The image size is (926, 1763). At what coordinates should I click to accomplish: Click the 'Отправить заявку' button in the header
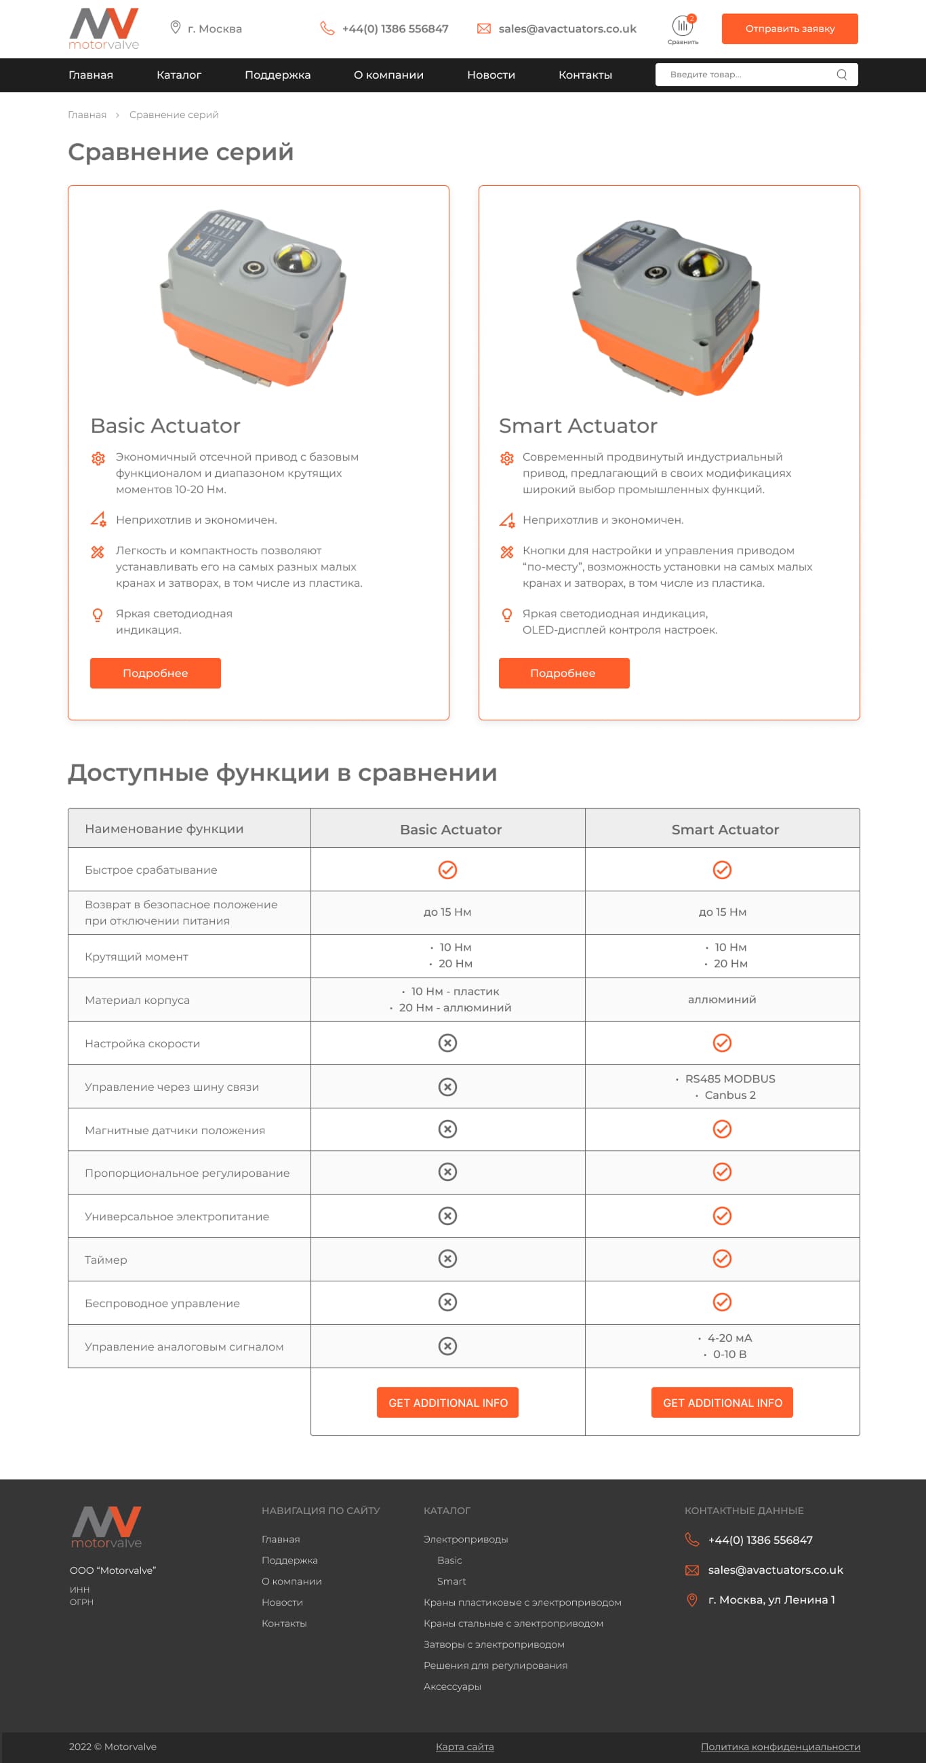789,28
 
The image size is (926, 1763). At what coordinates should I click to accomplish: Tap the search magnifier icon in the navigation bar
841,75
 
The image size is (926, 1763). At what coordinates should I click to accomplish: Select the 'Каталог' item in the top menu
178,75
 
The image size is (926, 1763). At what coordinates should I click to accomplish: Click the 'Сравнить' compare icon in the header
683,28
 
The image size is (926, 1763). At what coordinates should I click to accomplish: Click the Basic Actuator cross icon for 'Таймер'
447,1258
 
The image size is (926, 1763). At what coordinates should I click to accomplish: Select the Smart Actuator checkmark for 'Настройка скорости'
721,1043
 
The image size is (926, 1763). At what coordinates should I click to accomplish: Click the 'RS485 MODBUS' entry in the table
729,1079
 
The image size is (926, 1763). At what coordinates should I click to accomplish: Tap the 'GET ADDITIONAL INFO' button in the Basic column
447,1402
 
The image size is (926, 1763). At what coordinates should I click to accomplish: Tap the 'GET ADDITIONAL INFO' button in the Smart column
721,1402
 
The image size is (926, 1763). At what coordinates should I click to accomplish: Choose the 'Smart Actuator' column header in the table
725,830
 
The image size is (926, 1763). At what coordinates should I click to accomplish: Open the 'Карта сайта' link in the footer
464,1747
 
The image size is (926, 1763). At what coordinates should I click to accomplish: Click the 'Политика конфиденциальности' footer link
780,1747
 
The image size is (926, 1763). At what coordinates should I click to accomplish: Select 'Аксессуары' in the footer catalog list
452,1686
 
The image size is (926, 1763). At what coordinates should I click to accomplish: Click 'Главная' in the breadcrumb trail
87,115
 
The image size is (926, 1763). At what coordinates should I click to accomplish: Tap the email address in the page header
567,28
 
